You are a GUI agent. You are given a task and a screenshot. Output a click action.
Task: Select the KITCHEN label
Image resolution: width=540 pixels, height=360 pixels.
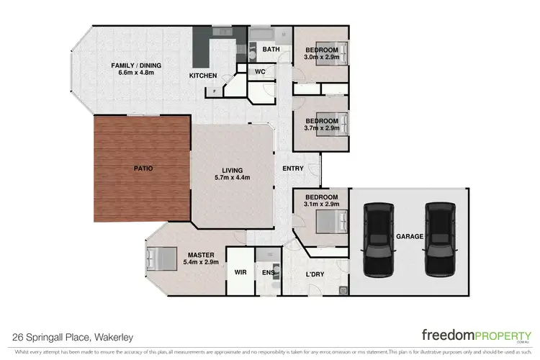click(x=202, y=76)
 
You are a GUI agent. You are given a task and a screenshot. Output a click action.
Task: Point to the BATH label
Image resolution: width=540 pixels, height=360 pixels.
click(x=271, y=50)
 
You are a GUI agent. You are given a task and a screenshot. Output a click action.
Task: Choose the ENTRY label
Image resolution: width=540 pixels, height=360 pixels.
click(x=293, y=168)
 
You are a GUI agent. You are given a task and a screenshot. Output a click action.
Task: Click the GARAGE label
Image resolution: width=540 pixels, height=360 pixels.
click(x=408, y=236)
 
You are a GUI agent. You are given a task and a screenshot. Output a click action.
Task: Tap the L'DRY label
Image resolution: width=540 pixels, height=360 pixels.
click(x=314, y=275)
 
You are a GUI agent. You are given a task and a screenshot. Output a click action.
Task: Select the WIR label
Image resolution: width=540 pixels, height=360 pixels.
click(x=240, y=273)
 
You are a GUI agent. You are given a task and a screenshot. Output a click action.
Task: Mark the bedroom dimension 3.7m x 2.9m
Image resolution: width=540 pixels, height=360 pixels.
click(x=321, y=128)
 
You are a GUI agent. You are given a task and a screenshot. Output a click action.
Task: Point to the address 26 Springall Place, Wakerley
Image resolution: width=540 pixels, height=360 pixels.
click(x=73, y=336)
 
